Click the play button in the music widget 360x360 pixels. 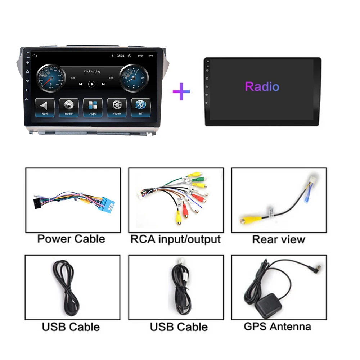click(92, 84)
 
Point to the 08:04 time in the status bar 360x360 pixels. click(120, 56)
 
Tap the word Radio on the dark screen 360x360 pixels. click(262, 87)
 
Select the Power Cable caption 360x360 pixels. click(71, 239)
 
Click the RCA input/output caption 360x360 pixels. click(175, 239)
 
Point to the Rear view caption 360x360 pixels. click(279, 239)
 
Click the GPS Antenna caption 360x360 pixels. click(277, 327)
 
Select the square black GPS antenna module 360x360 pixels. click(267, 307)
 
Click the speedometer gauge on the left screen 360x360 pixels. click(51, 78)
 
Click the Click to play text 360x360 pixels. click(92, 71)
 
